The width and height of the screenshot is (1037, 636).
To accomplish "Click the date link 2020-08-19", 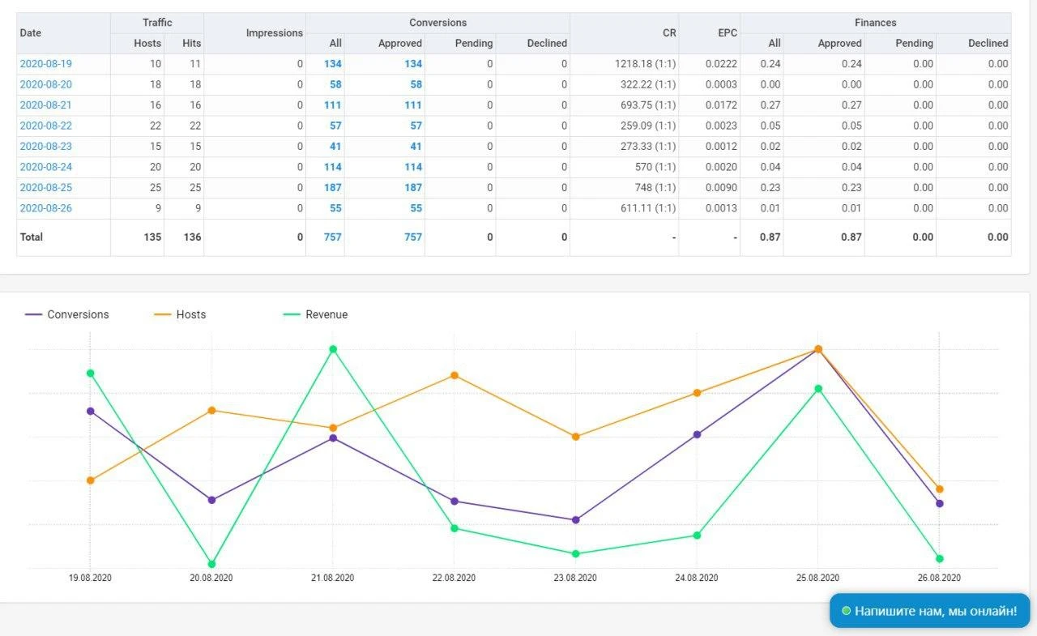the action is [46, 64].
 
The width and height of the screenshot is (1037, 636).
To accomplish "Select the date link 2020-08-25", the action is [46, 187].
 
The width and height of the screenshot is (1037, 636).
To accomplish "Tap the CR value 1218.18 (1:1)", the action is [645, 64].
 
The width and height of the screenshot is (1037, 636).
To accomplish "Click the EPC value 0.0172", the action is [721, 105].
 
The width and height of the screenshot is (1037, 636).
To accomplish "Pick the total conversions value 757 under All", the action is [332, 237].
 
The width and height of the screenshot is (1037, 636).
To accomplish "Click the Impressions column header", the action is [274, 33].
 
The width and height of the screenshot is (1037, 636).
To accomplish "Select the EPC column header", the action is [728, 33].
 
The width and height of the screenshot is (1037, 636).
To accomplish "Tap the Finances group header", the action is [875, 23].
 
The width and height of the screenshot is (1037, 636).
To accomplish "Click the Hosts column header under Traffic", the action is [147, 43].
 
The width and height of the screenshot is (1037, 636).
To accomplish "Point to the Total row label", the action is [32, 237].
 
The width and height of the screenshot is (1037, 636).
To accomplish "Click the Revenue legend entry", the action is [315, 314].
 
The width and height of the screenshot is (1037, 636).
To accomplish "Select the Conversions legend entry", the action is [67, 314].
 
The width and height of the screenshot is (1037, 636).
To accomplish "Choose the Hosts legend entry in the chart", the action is [180, 314].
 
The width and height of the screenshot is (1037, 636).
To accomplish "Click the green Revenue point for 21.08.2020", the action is [333, 349].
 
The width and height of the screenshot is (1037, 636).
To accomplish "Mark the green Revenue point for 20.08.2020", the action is [211, 564].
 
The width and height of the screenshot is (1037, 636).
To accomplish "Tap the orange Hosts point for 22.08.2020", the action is [454, 375].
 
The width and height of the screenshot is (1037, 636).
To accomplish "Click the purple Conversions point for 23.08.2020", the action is [575, 520].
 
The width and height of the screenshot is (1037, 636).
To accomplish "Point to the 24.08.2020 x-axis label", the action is [696, 578].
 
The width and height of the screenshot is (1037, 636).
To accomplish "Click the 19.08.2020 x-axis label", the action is [90, 578].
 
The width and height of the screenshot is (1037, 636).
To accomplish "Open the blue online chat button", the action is [929, 611].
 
